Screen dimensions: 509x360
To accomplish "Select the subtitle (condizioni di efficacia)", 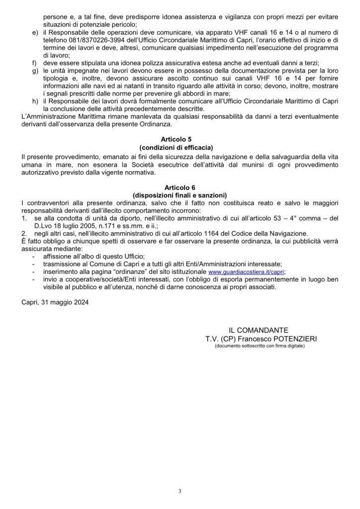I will point(180,148).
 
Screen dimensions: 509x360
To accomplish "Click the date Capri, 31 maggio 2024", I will point(53,301).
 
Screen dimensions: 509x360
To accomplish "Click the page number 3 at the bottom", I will point(180,492).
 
